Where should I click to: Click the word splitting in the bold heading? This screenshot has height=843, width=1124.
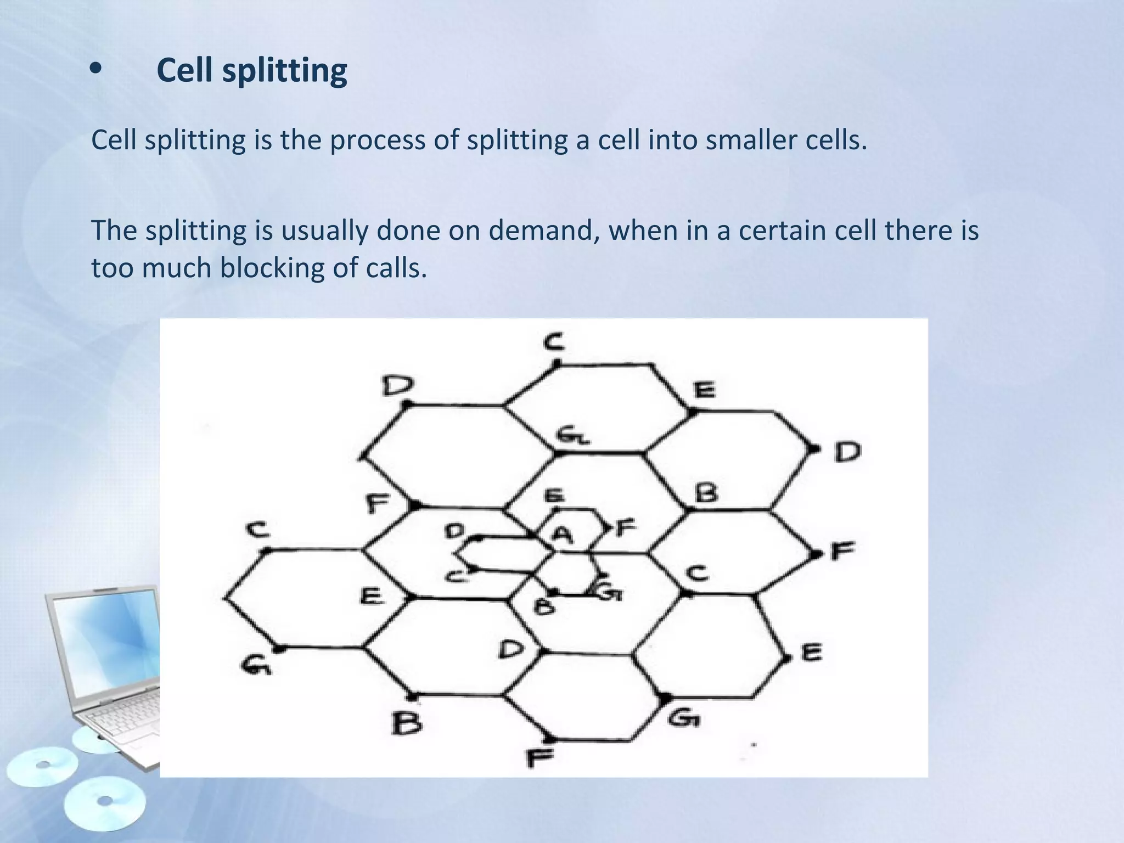[284, 71]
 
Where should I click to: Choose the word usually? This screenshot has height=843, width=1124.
[324, 231]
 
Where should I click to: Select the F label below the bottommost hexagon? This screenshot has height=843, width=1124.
[540, 758]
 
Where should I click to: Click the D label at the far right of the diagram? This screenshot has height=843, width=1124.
[847, 452]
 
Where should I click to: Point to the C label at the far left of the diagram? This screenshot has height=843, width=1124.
[257, 530]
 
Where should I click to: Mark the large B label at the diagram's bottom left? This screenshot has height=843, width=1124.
[407, 723]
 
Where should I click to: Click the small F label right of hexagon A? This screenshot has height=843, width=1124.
[626, 528]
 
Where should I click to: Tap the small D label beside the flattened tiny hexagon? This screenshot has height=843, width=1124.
[454, 531]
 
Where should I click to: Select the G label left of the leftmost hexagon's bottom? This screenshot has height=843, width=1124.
[256, 666]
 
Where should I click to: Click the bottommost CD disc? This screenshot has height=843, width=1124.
[104, 804]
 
